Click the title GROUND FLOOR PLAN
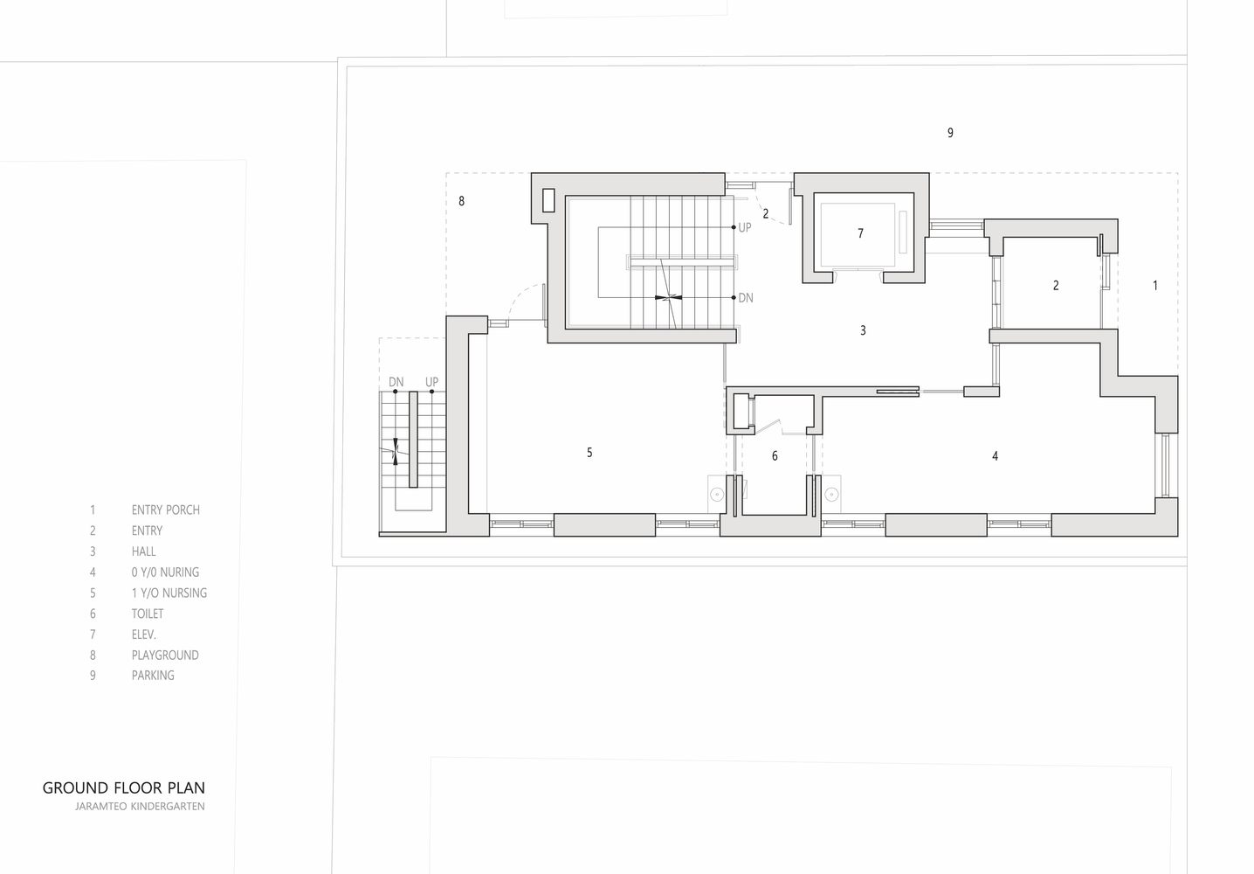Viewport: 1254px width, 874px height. (x=124, y=787)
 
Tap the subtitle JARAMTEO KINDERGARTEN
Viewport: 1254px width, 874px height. (x=140, y=807)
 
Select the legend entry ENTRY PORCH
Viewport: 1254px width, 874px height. (x=166, y=510)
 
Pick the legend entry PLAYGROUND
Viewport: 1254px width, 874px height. (x=165, y=655)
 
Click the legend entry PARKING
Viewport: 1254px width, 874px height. (x=153, y=675)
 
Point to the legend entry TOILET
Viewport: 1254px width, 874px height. (x=148, y=614)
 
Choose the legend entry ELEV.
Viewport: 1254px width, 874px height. (x=144, y=635)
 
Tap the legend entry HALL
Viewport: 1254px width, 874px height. (x=144, y=551)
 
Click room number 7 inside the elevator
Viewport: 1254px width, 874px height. (x=860, y=233)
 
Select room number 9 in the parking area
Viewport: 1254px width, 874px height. (x=950, y=133)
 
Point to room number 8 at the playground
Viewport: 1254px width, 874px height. (x=461, y=201)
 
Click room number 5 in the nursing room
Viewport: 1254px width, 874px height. (x=589, y=452)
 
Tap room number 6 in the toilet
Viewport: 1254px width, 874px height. (x=775, y=456)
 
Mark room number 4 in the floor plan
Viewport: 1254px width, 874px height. (x=995, y=456)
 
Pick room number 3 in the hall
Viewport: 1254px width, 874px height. (x=863, y=330)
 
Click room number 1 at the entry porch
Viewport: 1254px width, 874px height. (x=1155, y=285)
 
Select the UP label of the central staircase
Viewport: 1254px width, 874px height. (x=745, y=227)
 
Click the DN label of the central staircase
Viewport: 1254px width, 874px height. (x=746, y=298)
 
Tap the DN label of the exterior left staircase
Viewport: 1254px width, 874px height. (x=396, y=382)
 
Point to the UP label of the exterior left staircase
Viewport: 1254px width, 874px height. (x=431, y=382)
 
